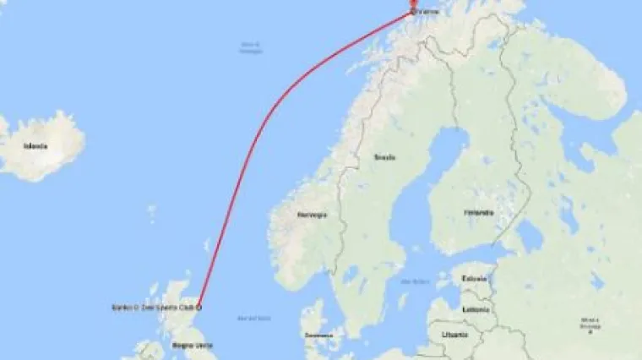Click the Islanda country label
(35, 146)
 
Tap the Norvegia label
(311, 215)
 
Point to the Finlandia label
(478, 213)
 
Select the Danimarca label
(318, 335)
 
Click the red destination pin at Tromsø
(413, 5)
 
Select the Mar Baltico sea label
(412, 281)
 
